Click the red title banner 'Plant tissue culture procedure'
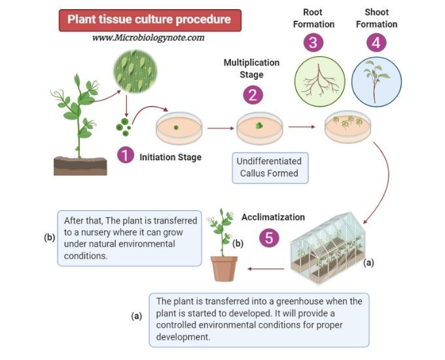(149, 19)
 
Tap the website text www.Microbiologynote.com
(149, 38)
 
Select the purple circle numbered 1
(126, 156)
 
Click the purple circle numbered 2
(253, 95)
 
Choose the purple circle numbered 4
(376, 43)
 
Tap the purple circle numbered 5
(269, 237)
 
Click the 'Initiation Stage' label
(170, 157)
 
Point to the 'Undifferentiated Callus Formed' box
(270, 168)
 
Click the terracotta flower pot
(224, 268)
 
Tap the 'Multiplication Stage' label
(251, 69)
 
